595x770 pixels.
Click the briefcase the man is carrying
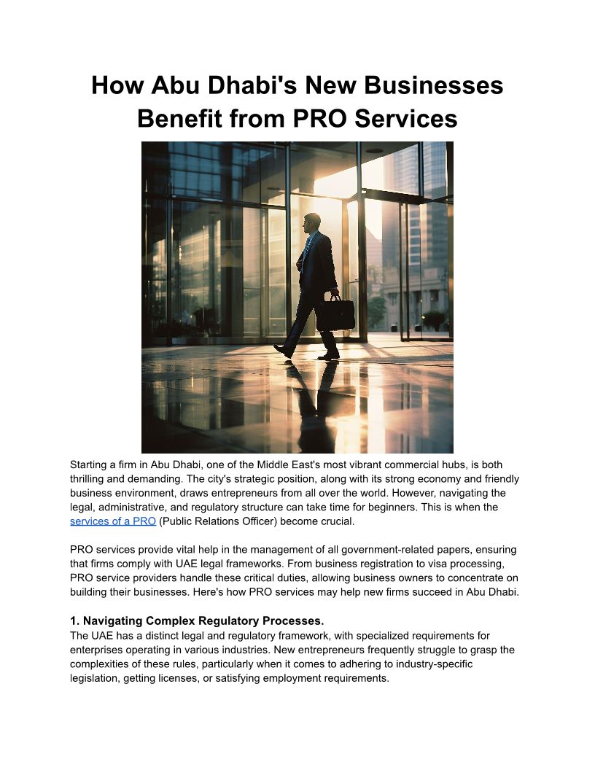[335, 313]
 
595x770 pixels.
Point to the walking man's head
[311, 222]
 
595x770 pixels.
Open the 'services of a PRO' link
[113, 521]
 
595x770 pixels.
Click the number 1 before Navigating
[74, 621]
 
